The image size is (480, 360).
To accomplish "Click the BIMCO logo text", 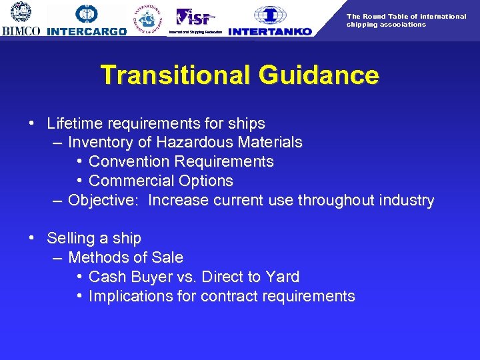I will click(21, 31).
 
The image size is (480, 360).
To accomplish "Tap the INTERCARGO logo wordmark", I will click(87, 31).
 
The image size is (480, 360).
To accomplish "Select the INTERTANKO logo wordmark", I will click(270, 31).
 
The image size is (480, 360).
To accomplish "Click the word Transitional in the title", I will click(175, 75).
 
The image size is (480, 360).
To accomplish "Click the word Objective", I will click(104, 201).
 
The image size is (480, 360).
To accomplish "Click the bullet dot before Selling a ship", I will click(32, 239).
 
